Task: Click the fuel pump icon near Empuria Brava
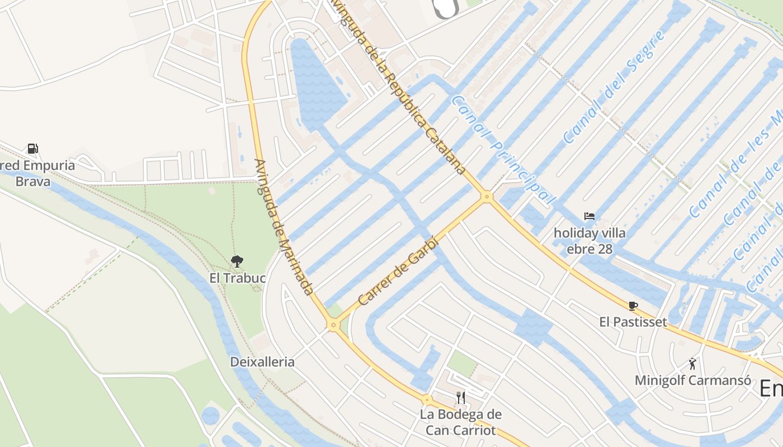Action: coord(33,149)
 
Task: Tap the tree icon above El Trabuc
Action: coord(237,260)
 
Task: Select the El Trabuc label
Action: coord(237,278)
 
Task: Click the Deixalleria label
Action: coord(262,362)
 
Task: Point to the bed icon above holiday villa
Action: coord(589,216)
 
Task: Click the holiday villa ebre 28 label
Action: coord(589,241)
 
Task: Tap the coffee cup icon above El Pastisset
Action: coord(633,306)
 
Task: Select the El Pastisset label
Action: coord(633,322)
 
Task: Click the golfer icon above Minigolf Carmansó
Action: coord(692,364)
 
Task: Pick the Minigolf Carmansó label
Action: coord(692,381)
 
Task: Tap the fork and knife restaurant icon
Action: coord(461,397)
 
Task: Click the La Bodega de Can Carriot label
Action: coord(461,422)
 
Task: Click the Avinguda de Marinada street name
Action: coord(283,226)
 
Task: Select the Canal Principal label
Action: coord(503,150)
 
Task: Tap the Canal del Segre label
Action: coord(614,88)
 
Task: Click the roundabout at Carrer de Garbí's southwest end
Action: coord(334,324)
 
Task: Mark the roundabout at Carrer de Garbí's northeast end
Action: coord(487,196)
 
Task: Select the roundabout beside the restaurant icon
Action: coord(427,400)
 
